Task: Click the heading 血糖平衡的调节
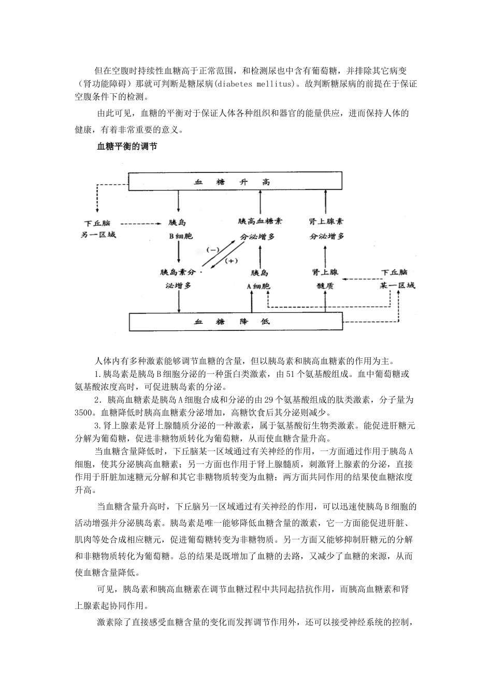127,147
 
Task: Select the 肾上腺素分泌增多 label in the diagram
326,228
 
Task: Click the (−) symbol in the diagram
213,250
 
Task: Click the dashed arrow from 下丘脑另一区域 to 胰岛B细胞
140,224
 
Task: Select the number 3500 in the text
84,413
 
